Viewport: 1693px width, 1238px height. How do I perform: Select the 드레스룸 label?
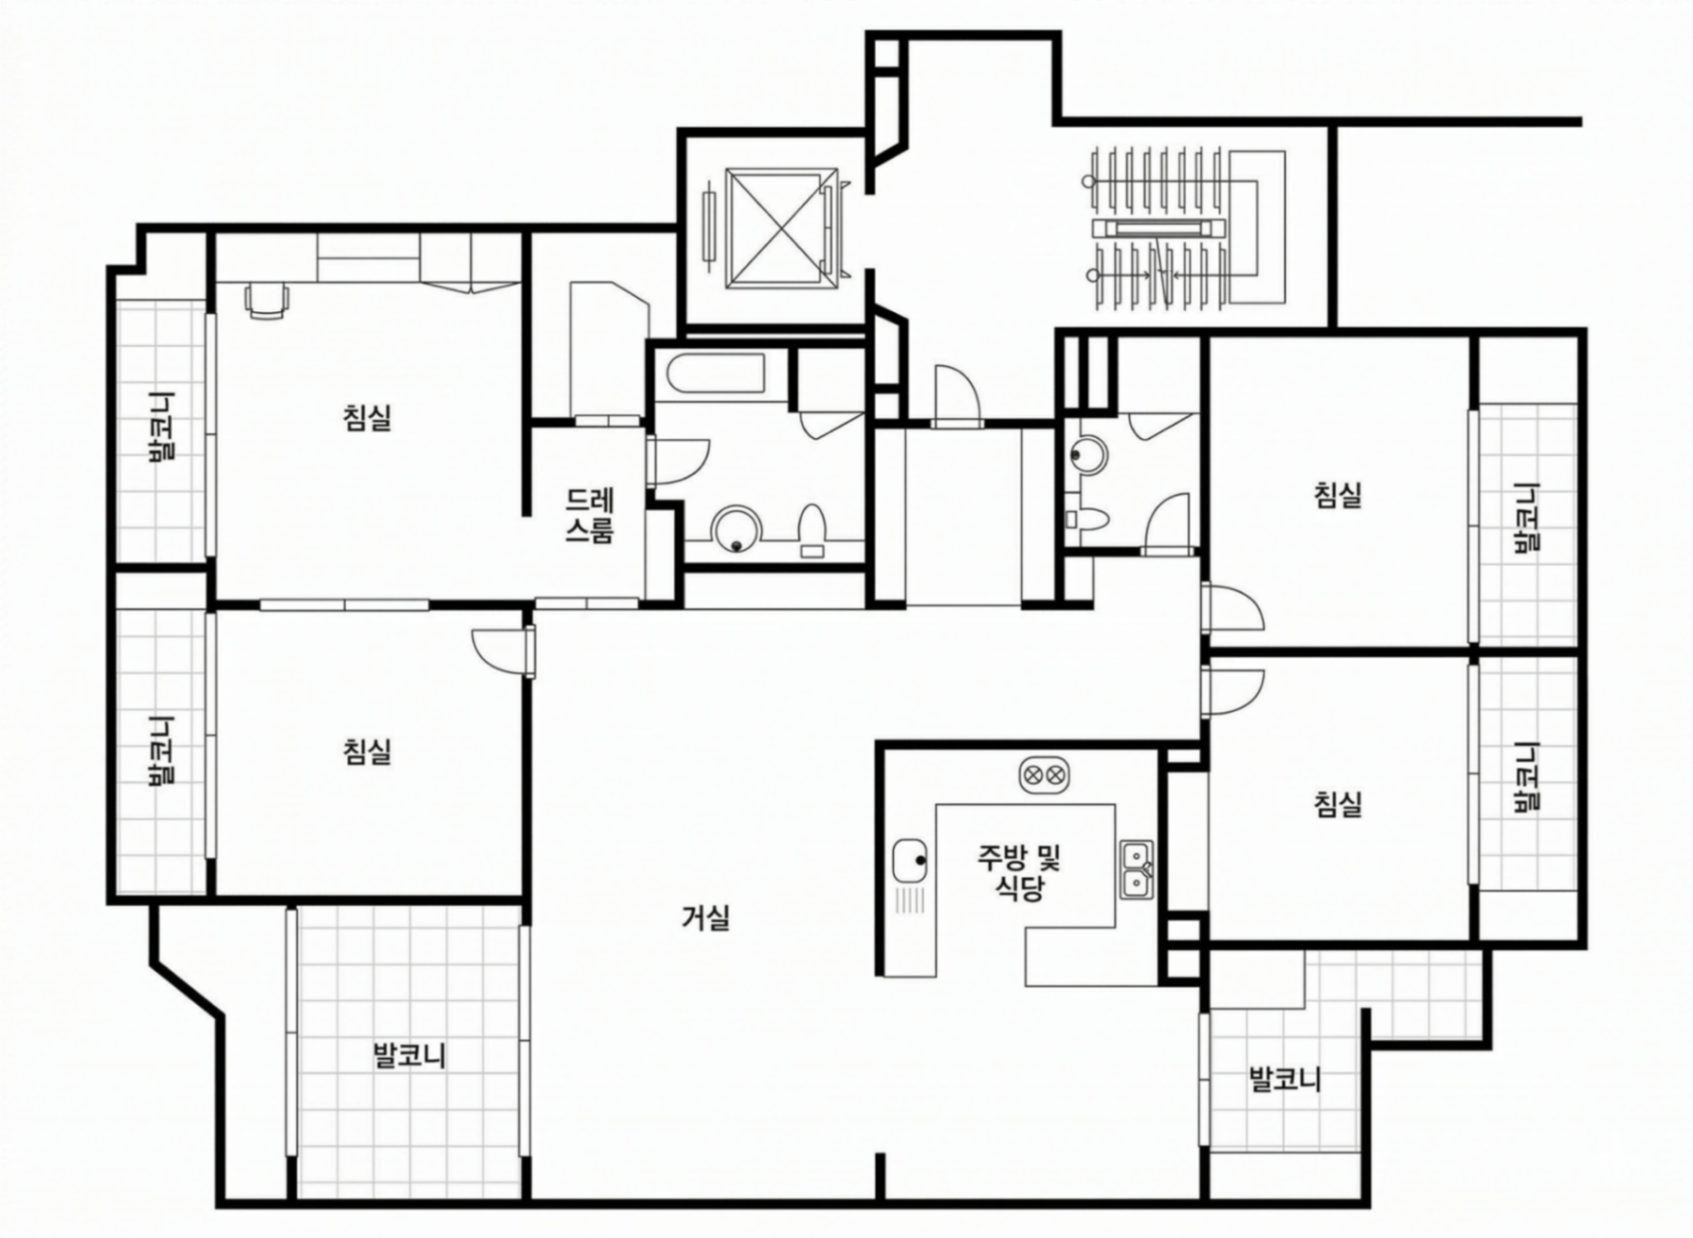pyautogui.click(x=590, y=515)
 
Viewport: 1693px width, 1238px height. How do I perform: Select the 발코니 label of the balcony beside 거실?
pyautogui.click(x=409, y=1057)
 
